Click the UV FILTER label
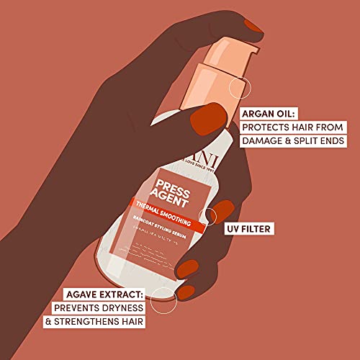coord(252,230)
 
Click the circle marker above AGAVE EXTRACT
coord(163,293)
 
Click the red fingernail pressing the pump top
coord(251,27)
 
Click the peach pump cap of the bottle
coord(219,72)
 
